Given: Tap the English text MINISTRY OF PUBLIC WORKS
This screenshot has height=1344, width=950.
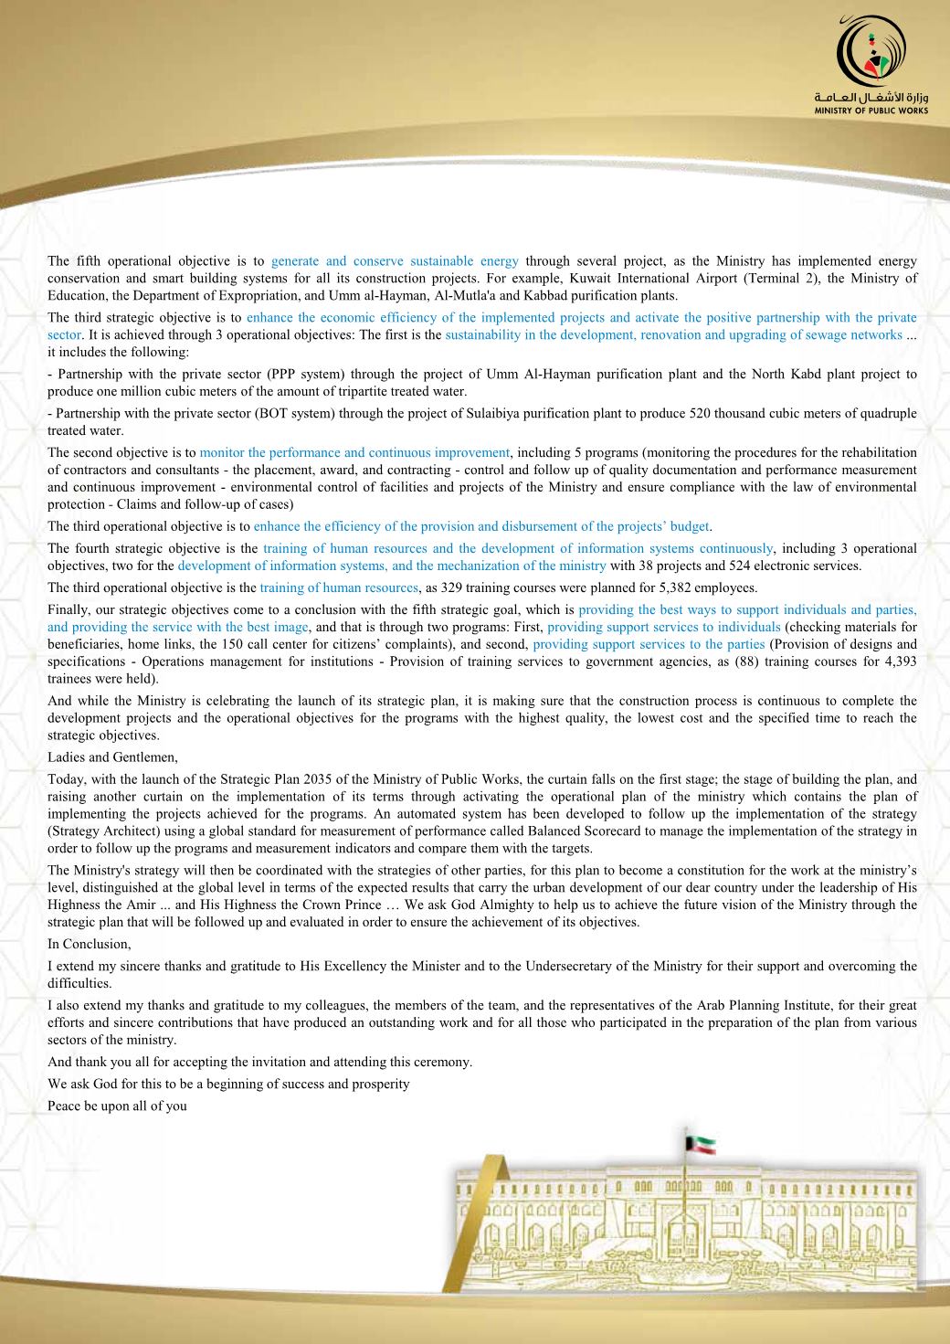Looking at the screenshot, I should click(871, 110).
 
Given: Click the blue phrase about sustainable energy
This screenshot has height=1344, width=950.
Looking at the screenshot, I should click(395, 261).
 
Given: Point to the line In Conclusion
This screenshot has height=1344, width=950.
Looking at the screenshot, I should click(90, 944).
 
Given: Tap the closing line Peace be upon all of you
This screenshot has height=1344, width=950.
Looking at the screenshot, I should click(117, 1106).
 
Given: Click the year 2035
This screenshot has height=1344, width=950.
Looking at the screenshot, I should click(307, 779).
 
